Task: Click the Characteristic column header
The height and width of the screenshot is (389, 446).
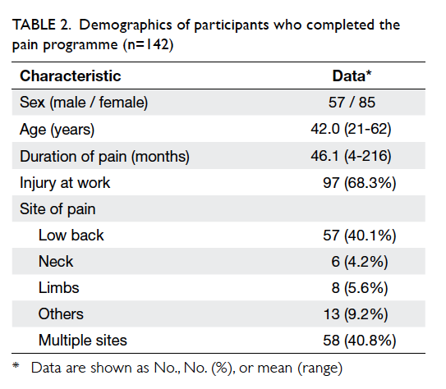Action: [71, 76]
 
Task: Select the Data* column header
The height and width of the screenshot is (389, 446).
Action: [352, 76]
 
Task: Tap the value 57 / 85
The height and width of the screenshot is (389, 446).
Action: [352, 103]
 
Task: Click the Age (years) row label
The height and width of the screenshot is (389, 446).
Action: [57, 130]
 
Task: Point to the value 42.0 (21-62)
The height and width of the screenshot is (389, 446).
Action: [351, 129]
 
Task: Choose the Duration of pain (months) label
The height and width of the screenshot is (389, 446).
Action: [104, 157]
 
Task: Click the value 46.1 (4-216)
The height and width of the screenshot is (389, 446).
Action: [351, 156]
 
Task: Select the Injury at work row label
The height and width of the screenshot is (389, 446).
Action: [65, 183]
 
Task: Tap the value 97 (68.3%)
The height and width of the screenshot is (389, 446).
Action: [360, 183]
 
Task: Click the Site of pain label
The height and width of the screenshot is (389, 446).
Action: [57, 209]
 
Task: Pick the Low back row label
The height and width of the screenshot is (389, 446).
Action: [71, 236]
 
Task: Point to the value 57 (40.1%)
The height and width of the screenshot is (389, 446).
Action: [360, 236]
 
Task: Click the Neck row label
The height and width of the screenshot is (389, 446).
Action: [56, 262]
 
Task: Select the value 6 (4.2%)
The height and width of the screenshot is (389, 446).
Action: [360, 262]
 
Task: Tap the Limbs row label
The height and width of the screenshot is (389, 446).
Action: [58, 288]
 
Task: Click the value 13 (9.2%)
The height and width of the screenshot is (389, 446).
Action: [356, 314]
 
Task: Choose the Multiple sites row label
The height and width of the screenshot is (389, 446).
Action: [82, 341]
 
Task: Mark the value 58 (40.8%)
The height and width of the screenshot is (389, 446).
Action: [360, 341]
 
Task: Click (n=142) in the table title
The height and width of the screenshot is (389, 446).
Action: [148, 44]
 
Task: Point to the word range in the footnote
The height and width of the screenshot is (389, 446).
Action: [320, 368]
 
